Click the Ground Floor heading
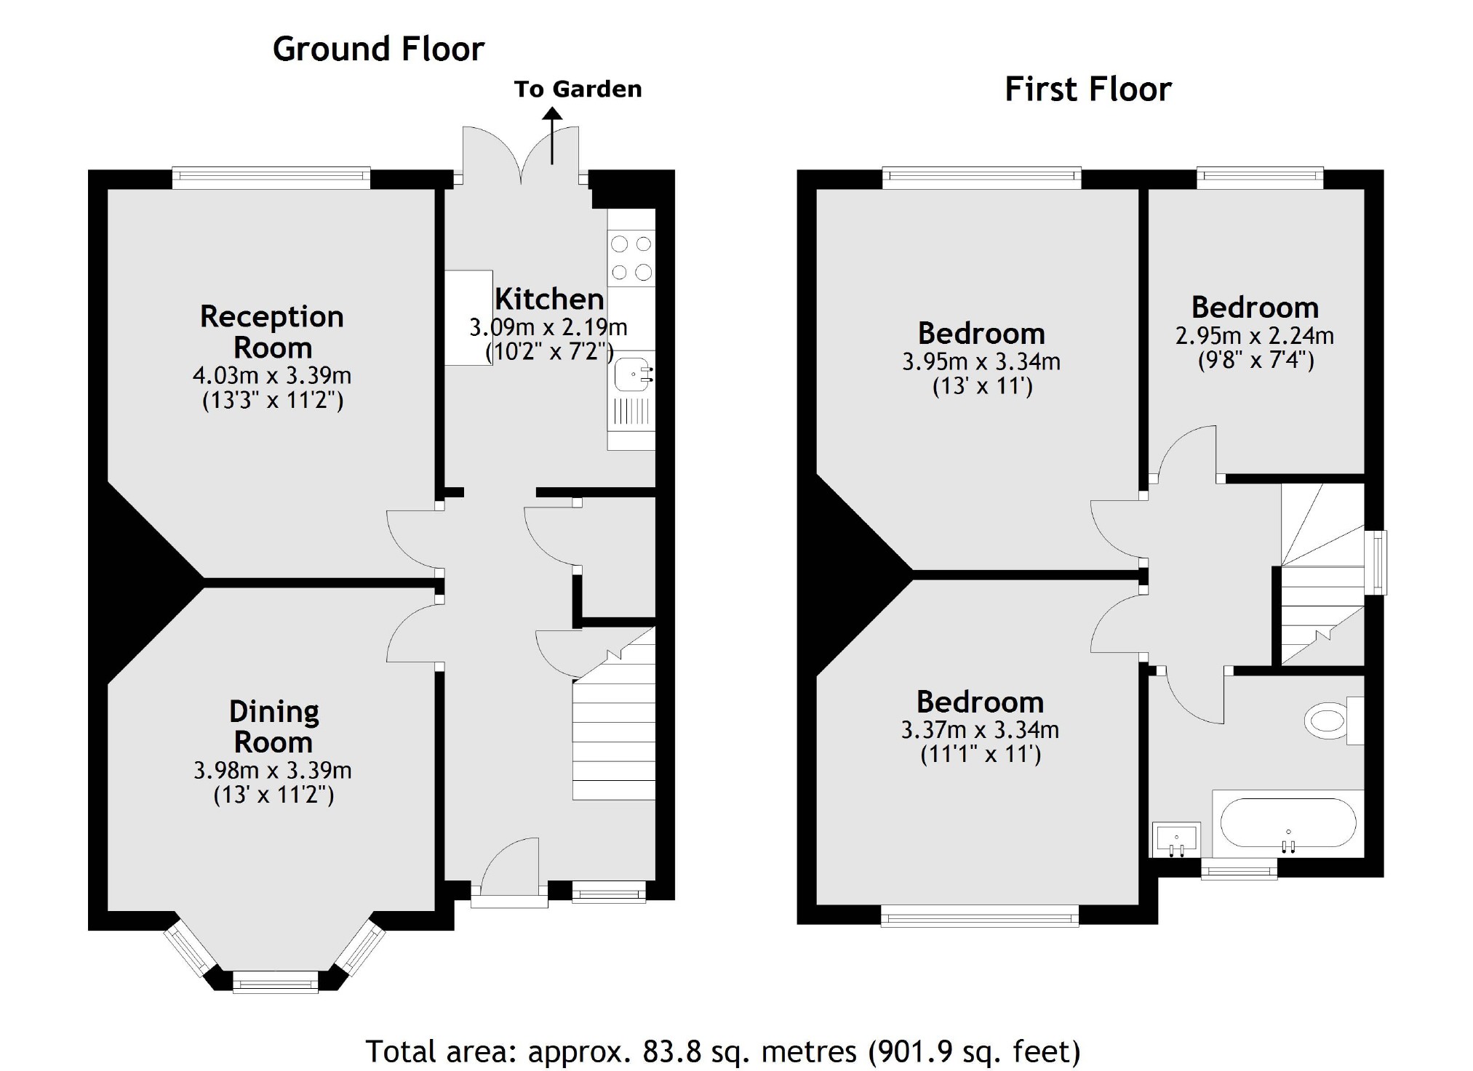(378, 49)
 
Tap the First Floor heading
(1087, 90)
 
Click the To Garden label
(578, 89)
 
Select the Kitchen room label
(549, 300)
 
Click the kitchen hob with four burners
(631, 258)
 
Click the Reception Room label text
(272, 332)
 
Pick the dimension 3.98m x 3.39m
(273, 770)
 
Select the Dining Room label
(274, 726)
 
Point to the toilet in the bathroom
(1328, 720)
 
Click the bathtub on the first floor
(1288, 824)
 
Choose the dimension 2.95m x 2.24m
(1255, 336)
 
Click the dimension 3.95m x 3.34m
(981, 361)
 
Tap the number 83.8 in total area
(668, 1051)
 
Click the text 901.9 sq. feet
(974, 1051)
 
